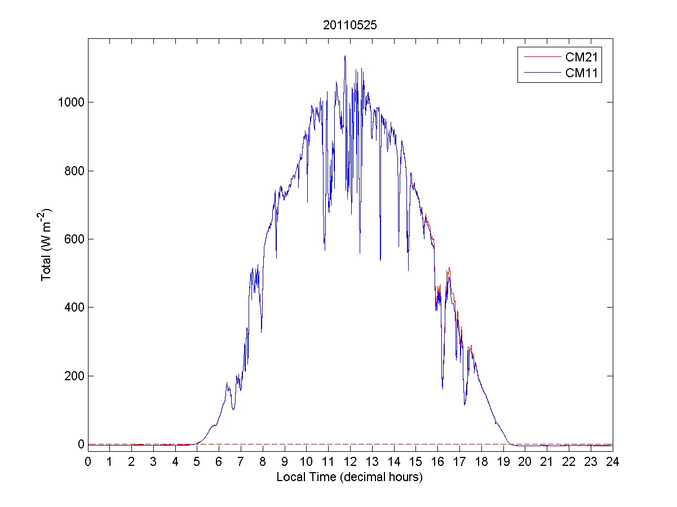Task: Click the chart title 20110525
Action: click(x=349, y=25)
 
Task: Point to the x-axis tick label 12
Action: click(x=350, y=462)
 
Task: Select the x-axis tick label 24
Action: click(x=613, y=462)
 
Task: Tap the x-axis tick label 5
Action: click(x=197, y=462)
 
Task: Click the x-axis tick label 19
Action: click(x=503, y=462)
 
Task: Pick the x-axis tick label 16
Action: click(x=437, y=462)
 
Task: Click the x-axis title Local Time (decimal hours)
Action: click(x=349, y=477)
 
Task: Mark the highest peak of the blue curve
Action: click(x=345, y=56)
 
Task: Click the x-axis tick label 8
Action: click(x=263, y=462)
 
